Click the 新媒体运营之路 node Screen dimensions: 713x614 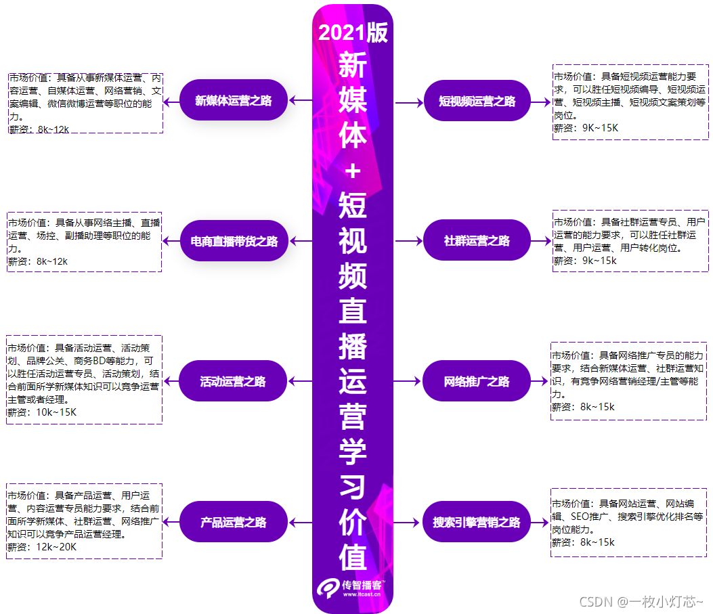(x=234, y=101)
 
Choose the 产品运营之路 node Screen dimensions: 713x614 (x=234, y=522)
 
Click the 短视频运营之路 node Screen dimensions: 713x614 (x=477, y=102)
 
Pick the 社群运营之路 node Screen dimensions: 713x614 (x=477, y=240)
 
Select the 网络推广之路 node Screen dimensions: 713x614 (x=477, y=381)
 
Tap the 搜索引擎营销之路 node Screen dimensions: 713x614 (x=477, y=522)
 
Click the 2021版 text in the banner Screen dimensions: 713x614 (x=353, y=32)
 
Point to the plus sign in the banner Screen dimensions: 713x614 (x=353, y=171)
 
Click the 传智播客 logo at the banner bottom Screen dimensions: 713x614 (x=352, y=586)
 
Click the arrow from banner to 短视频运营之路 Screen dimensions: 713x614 (x=408, y=102)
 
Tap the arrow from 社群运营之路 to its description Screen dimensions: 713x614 (x=541, y=240)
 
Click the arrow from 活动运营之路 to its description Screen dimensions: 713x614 (x=171, y=381)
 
